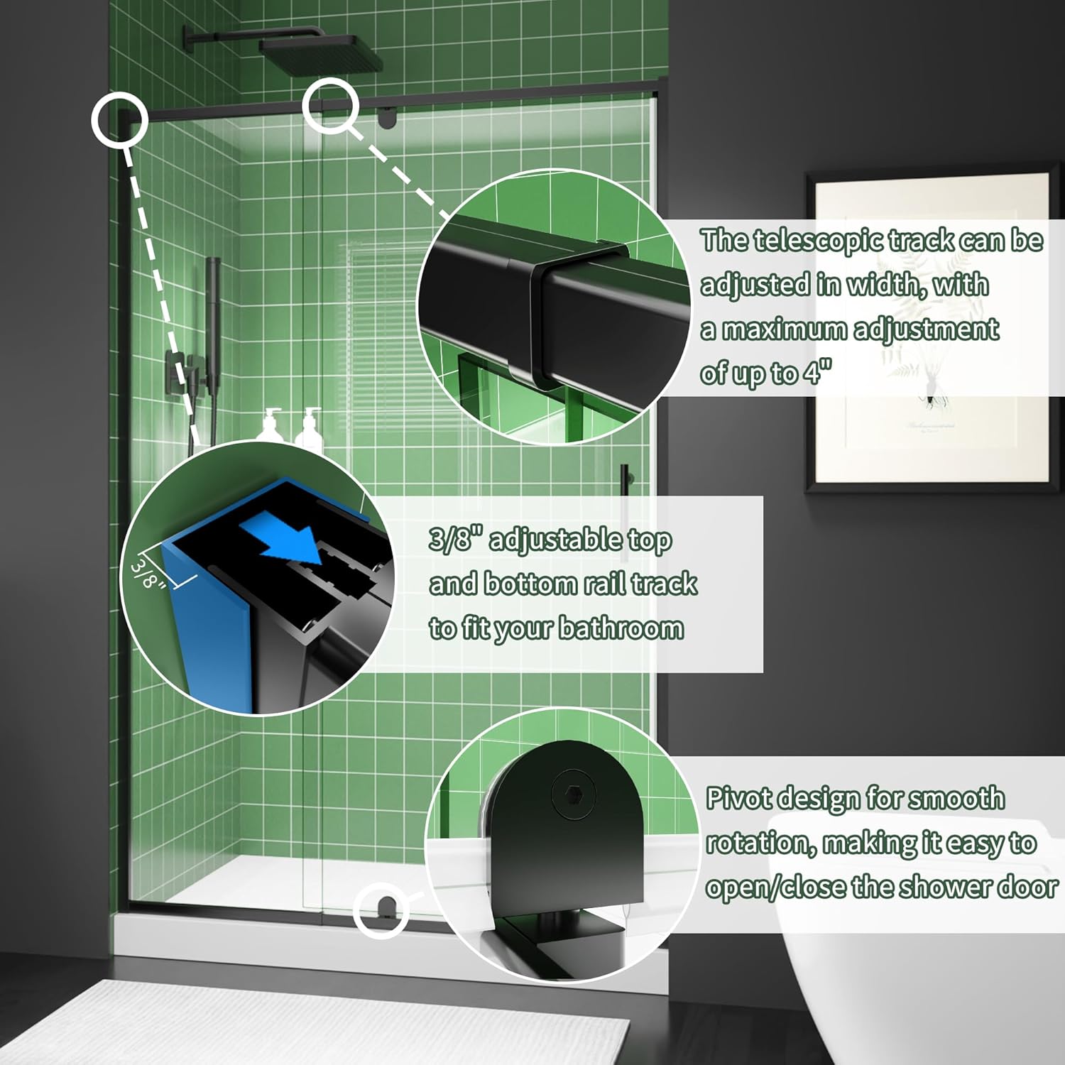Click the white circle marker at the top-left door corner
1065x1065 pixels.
point(119,119)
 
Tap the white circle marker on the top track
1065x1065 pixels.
point(329,106)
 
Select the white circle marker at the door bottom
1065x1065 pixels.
point(382,910)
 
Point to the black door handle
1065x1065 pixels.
point(623,497)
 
